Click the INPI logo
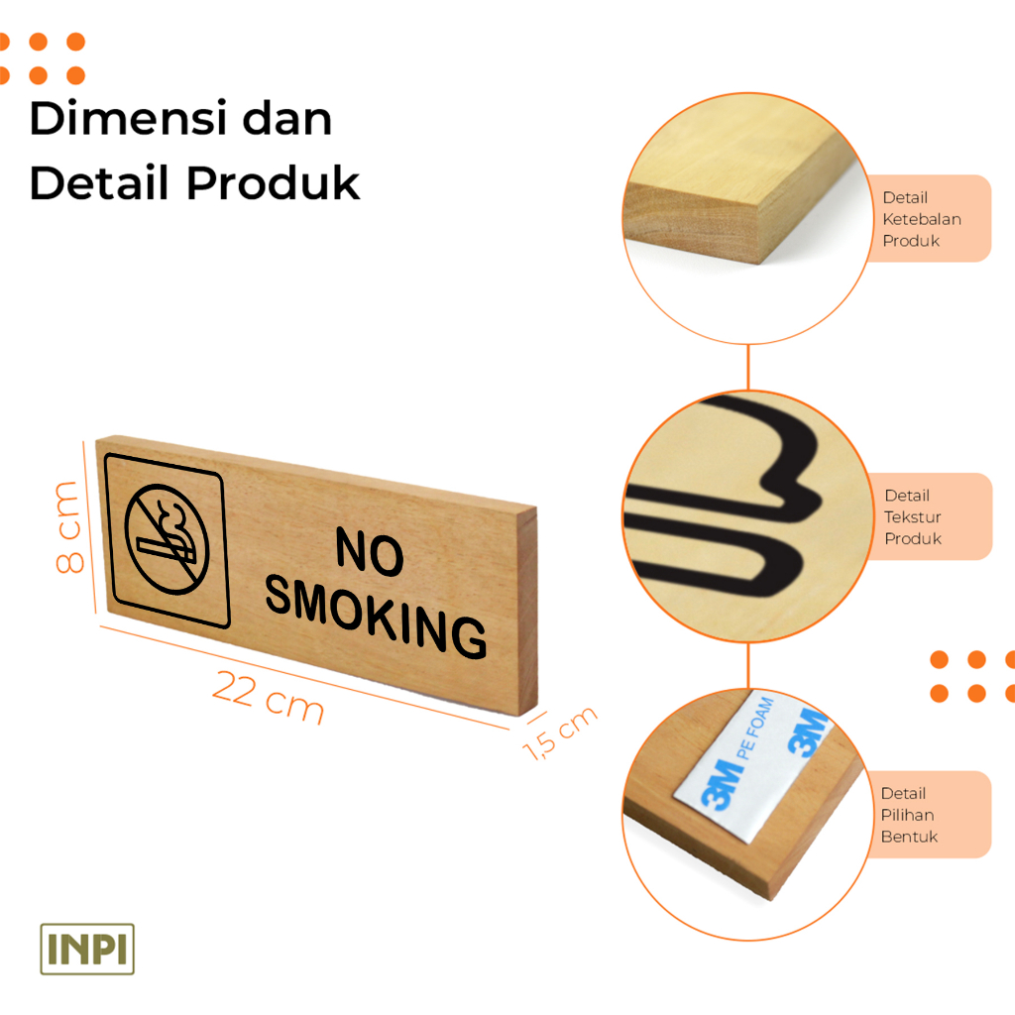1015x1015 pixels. [87, 949]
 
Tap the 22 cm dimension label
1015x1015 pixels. [268, 692]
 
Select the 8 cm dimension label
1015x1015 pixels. [68, 527]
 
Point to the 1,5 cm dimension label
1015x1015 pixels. [561, 733]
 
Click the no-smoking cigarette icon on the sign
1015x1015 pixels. [167, 540]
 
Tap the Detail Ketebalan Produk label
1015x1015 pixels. [922, 219]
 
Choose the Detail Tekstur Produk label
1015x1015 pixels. [914, 516]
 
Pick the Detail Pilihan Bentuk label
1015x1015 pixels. [908, 815]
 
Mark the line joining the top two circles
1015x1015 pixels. [748, 368]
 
